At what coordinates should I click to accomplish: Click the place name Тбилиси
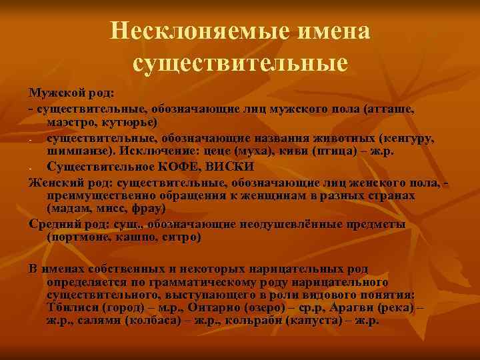73,308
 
